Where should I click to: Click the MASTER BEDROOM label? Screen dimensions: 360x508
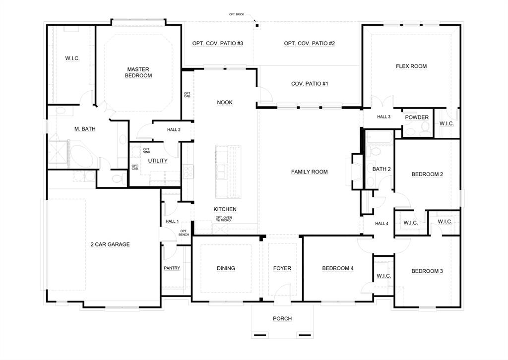tap(139, 72)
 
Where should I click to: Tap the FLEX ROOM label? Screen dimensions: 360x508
tap(411, 66)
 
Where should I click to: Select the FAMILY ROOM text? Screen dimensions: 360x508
tap(309, 172)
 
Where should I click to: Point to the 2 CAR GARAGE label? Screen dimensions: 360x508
tap(110, 244)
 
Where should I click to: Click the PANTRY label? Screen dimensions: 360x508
tap(172, 268)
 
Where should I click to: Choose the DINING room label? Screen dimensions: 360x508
tap(226, 268)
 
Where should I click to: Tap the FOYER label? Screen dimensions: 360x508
tap(282, 268)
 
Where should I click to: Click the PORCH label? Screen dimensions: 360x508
tap(282, 318)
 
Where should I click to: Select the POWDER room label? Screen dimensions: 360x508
tap(417, 118)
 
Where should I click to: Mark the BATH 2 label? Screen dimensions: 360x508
tap(381, 169)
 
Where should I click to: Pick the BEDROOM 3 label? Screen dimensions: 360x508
tap(427, 271)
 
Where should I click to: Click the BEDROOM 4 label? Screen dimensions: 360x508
tap(337, 268)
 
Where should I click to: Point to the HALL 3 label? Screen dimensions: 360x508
tap(383, 117)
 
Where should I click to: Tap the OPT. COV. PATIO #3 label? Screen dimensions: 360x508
tap(217, 43)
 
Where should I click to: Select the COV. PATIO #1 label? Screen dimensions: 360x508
tap(310, 84)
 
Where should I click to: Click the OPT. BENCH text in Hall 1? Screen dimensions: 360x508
tap(184, 233)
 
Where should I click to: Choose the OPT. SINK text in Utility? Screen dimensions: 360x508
tap(146, 151)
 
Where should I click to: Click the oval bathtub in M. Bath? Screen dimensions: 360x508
tap(80, 155)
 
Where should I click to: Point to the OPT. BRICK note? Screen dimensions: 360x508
tap(236, 15)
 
